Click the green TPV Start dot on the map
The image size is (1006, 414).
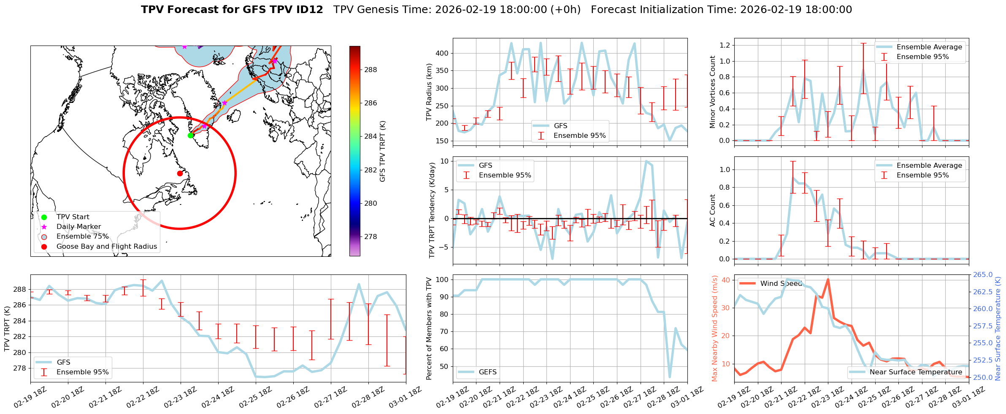click(191, 135)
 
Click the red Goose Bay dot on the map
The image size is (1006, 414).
click(180, 173)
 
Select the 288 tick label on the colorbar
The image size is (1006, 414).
click(370, 70)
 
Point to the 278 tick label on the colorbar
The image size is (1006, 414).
click(370, 237)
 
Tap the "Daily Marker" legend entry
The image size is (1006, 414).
click(78, 227)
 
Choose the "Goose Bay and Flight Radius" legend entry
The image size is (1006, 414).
click(106, 247)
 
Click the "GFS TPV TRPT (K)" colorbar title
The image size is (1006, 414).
click(383, 151)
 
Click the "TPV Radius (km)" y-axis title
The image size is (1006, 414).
click(429, 92)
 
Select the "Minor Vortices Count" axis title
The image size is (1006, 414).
click(712, 92)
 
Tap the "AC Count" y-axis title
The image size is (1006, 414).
click(712, 210)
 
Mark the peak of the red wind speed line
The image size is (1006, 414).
click(828, 279)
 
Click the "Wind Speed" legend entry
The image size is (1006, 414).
click(781, 284)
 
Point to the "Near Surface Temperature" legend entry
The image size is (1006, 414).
click(916, 372)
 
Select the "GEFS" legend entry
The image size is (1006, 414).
click(487, 372)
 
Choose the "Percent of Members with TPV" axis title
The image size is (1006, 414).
click(429, 328)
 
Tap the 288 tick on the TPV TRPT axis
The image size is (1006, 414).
click(20, 290)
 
